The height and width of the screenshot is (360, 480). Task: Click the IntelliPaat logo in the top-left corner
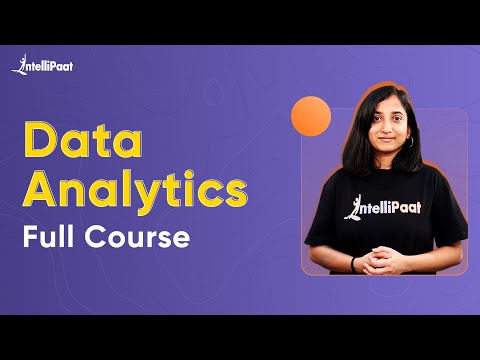(x=42, y=66)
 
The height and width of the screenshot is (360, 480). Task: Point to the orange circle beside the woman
(x=310, y=116)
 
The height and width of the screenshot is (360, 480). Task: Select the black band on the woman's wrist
(x=354, y=262)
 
